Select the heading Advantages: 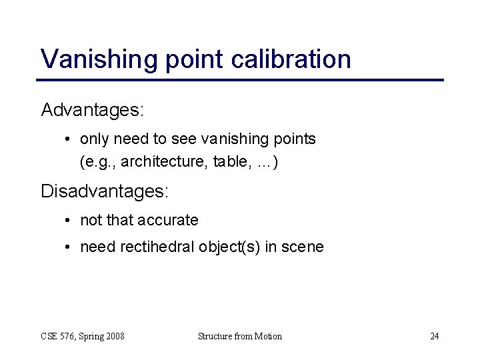pyautogui.click(x=93, y=109)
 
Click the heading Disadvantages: pyautogui.click(x=105, y=191)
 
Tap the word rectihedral pyautogui.click(x=157, y=247)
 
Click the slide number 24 pyautogui.click(x=434, y=336)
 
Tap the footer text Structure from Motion pyautogui.click(x=240, y=336)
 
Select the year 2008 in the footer pyautogui.click(x=114, y=336)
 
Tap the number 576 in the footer pyautogui.click(x=69, y=336)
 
